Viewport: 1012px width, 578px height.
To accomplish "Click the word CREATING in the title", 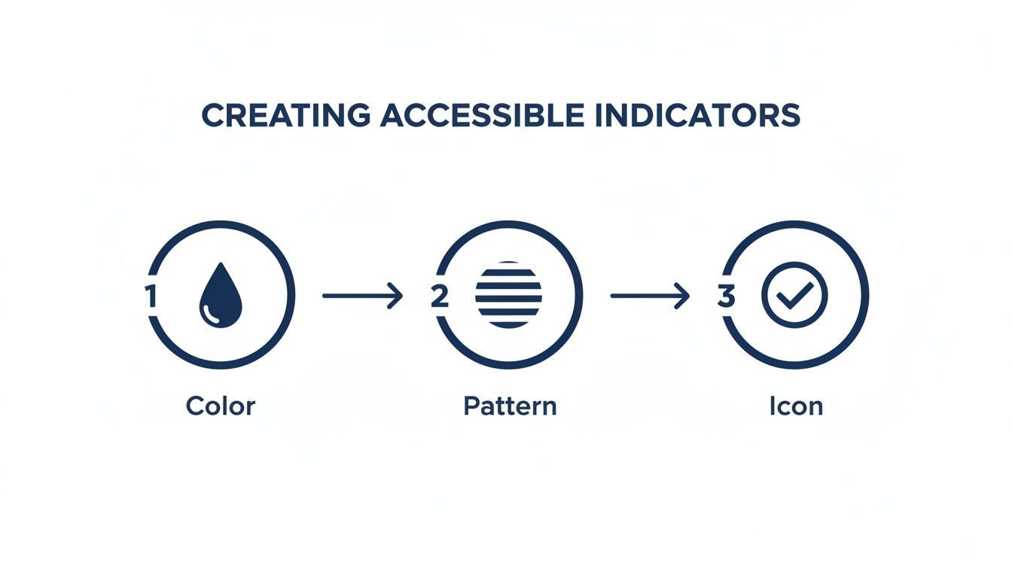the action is pos(286,115).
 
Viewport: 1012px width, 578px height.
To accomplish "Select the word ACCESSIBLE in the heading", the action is pos(483,115).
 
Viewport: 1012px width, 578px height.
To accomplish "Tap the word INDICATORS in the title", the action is pos(698,115).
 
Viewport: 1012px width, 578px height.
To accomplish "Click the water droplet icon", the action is pos(221,295).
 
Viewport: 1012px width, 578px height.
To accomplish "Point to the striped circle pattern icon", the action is pos(508,295).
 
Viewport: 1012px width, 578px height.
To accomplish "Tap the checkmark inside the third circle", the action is pos(794,296).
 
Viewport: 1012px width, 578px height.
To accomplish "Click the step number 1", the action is pos(151,296).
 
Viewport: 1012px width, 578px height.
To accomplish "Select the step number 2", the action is pos(440,297).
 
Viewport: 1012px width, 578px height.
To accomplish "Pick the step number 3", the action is pos(727,297).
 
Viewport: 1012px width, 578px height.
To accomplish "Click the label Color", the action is pos(221,406).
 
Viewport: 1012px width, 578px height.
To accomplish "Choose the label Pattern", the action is pos(510,406).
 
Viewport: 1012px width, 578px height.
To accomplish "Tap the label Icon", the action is pos(796,406).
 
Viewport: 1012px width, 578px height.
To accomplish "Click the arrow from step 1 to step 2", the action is pos(362,296).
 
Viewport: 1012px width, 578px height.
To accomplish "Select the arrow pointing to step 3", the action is pos(650,296).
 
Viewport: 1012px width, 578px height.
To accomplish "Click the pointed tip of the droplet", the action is pos(221,263).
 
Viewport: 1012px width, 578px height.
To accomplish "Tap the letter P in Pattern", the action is pos(471,406).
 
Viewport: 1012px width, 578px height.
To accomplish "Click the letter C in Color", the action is pos(195,406).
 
